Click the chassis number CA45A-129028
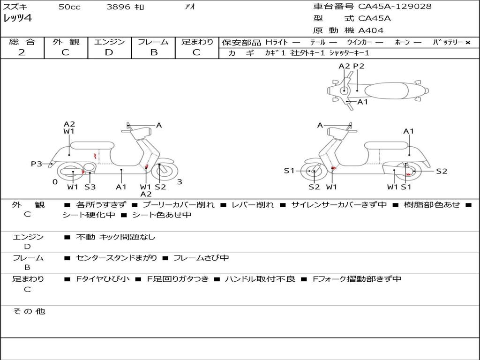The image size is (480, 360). click(395, 7)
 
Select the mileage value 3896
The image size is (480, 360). click(119, 7)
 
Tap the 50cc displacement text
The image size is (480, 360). click(69, 7)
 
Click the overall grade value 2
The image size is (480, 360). click(22, 52)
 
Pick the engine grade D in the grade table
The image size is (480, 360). click(109, 52)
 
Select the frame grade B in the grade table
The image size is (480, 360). click(153, 52)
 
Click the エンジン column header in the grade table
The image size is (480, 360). click(109, 42)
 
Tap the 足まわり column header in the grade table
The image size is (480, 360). click(197, 42)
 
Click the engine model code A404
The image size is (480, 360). click(371, 30)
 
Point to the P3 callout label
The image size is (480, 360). click(37, 164)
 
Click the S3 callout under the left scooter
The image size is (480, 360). click(90, 187)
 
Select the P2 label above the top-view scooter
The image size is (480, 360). click(359, 66)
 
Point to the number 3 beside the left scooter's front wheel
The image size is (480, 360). click(180, 182)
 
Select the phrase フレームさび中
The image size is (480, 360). click(201, 258)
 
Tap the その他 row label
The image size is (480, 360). click(29, 311)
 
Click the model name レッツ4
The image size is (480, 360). click(18, 19)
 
